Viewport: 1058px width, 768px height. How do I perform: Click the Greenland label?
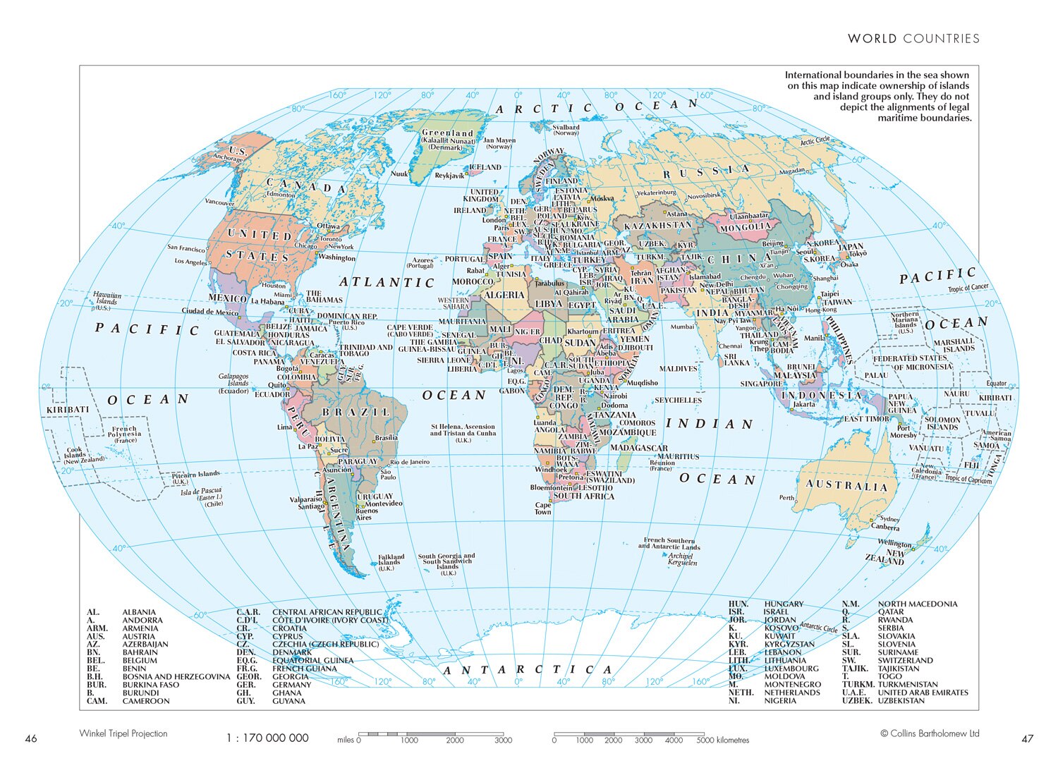click(447, 133)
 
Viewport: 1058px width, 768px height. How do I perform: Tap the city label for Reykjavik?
click(449, 176)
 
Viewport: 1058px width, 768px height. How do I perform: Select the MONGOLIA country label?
click(745, 227)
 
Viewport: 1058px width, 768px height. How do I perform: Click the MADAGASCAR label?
click(638, 448)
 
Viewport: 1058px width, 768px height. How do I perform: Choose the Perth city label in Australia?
click(786, 498)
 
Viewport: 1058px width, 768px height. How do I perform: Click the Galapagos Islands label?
click(233, 384)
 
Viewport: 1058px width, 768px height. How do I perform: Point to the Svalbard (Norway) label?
click(566, 130)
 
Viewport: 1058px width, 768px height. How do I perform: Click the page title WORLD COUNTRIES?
click(913, 39)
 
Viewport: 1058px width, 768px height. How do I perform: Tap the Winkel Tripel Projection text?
click(123, 733)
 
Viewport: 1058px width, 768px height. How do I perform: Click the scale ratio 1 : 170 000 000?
click(267, 738)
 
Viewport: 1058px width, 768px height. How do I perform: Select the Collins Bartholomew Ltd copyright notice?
click(930, 733)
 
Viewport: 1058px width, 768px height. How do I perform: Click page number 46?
click(31, 739)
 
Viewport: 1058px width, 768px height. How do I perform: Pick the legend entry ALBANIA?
click(139, 612)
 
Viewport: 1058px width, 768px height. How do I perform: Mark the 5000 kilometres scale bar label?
click(722, 740)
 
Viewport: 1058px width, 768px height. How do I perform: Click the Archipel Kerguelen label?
click(682, 559)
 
